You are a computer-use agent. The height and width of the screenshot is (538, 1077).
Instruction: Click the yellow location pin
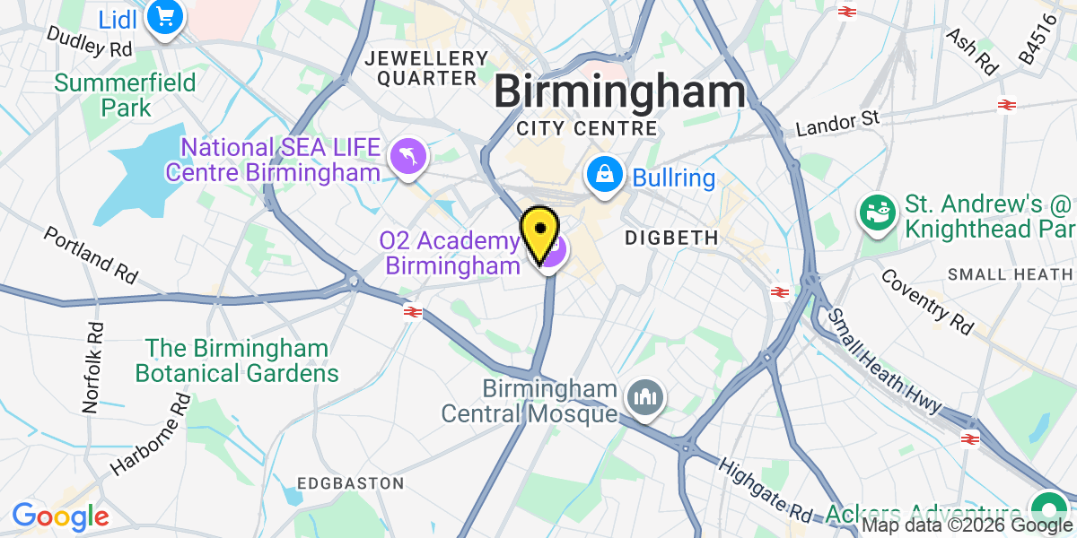pyautogui.click(x=540, y=232)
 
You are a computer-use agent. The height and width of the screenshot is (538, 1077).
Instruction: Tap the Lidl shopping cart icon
pyautogui.click(x=164, y=16)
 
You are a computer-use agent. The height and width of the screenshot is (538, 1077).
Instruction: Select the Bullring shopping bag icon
pyautogui.click(x=606, y=174)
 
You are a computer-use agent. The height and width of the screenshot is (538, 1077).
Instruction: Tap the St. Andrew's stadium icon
pyautogui.click(x=876, y=213)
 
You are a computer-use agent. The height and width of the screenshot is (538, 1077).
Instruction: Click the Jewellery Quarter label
pyautogui.click(x=427, y=69)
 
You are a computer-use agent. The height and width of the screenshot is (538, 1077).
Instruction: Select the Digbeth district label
pyautogui.click(x=672, y=238)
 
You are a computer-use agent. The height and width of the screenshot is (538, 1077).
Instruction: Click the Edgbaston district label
pyautogui.click(x=350, y=483)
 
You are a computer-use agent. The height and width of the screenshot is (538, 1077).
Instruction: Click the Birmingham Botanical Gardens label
pyautogui.click(x=237, y=360)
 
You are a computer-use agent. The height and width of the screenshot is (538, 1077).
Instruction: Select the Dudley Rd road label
pyautogui.click(x=89, y=41)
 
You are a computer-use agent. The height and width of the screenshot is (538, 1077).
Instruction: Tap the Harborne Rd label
pyautogui.click(x=152, y=435)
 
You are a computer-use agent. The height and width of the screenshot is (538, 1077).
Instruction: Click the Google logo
pyautogui.click(x=60, y=516)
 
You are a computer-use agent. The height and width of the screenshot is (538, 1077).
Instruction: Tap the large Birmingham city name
pyautogui.click(x=620, y=92)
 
